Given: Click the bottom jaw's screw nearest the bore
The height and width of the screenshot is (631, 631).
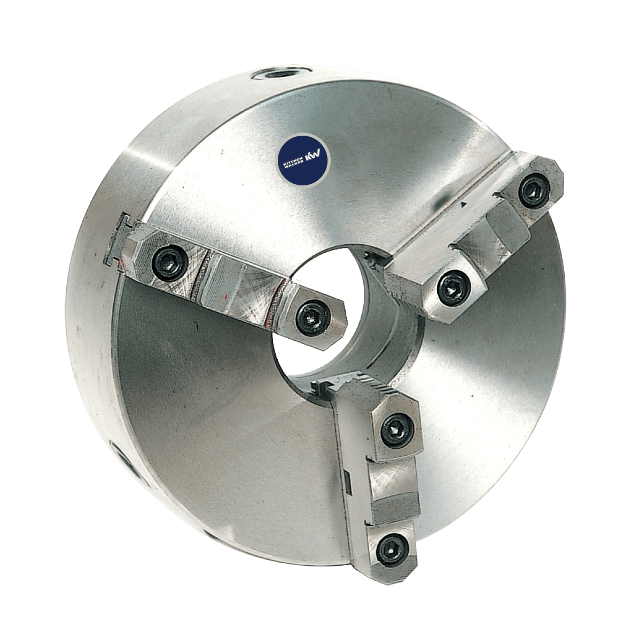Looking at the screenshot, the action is [397, 431].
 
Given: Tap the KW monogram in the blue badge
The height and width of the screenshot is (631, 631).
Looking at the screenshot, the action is [313, 155].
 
